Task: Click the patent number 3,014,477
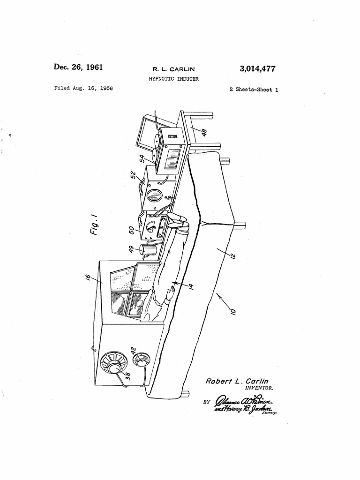coord(257,69)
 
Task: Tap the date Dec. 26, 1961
coord(78,67)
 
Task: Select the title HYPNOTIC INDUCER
coord(171,79)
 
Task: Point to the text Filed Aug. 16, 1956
coord(83,88)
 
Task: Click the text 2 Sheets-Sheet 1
coord(254,90)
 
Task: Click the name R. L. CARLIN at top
coord(171,69)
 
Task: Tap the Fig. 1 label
coord(94,225)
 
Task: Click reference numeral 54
coord(143,159)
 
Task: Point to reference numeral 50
coord(133,230)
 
